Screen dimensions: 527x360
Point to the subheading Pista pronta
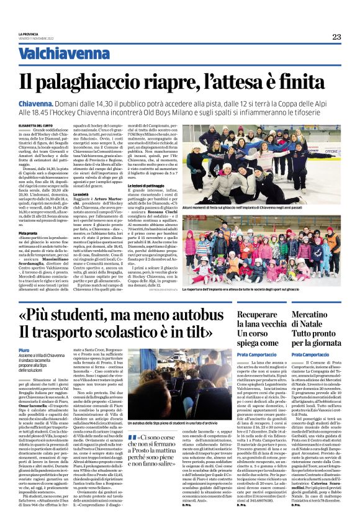pos(29,233)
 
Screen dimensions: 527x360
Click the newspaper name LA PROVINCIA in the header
pos(29,34)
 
